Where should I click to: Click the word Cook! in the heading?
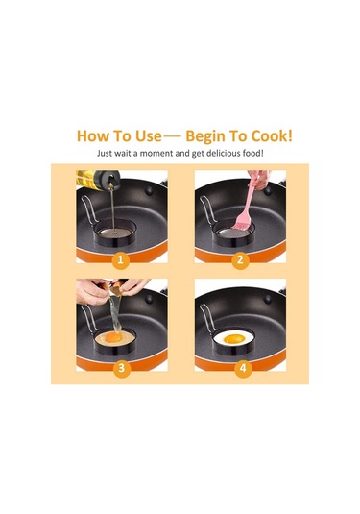click(272, 135)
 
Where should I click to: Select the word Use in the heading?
click(149, 136)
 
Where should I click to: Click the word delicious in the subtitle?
click(224, 153)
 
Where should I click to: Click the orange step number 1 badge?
click(120, 260)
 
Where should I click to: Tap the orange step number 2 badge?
click(240, 260)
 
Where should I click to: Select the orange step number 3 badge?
click(121, 368)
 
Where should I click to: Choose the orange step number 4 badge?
click(243, 368)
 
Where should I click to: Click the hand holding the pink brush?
click(260, 179)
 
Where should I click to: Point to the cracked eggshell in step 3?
click(114, 289)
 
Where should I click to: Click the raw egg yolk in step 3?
click(114, 336)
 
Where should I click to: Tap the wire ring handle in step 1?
click(88, 209)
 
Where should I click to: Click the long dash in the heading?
click(172, 136)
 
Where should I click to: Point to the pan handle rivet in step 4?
click(268, 299)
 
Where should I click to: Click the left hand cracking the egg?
click(93, 291)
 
